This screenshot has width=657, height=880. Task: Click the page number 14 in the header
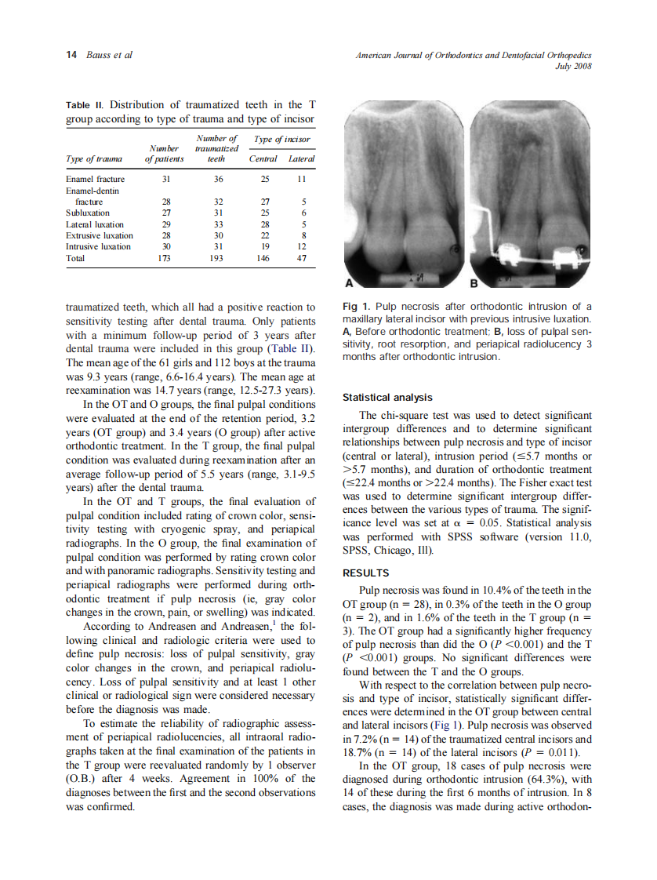click(x=71, y=55)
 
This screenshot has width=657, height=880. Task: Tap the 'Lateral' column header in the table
click(x=302, y=159)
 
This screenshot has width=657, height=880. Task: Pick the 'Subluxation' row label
click(x=88, y=213)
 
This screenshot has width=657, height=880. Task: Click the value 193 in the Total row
click(x=220, y=257)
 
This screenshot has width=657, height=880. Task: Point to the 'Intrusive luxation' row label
click(x=98, y=246)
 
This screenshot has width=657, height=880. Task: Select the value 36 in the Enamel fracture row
click(x=220, y=180)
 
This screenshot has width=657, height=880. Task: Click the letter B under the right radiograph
click(x=474, y=283)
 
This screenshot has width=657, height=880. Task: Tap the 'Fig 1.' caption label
click(x=357, y=307)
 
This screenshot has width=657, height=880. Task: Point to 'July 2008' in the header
click(x=572, y=66)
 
